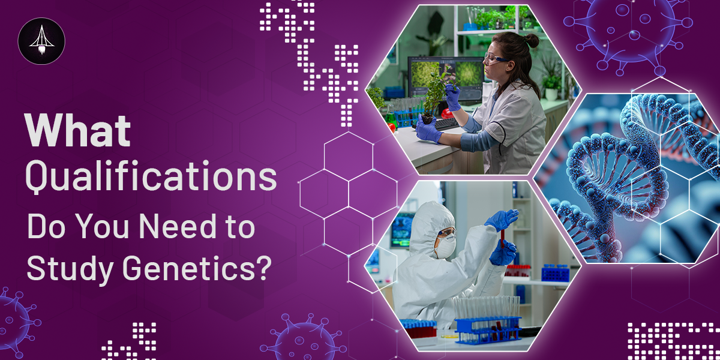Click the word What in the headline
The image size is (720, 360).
point(78,130)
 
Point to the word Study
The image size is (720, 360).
point(70,270)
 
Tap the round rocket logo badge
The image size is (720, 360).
point(41,41)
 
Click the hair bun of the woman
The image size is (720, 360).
point(532,40)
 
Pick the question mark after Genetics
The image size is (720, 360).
point(265,268)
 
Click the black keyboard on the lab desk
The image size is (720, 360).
point(447,124)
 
